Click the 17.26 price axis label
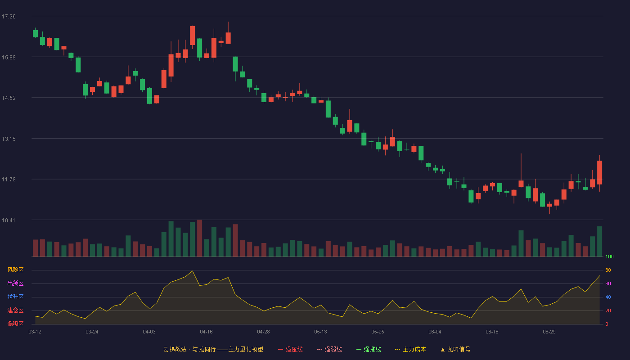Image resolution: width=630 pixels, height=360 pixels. click(9, 17)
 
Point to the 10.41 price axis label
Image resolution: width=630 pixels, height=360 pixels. click(9, 220)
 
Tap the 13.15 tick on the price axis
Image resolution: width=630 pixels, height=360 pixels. click(9, 139)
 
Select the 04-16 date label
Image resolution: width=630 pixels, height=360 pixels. click(206, 332)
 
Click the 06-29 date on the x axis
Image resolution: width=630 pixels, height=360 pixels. click(549, 332)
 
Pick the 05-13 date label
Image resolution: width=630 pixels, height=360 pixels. click(320, 332)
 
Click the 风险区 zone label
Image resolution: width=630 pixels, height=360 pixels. click(15, 270)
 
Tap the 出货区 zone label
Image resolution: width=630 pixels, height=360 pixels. click(15, 283)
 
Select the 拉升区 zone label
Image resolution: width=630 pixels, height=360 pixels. click(15, 297)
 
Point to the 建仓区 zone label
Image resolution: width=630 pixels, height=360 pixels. click(15, 310)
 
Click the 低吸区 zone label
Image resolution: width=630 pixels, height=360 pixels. click(15, 324)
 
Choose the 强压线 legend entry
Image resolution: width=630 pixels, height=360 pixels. click(290, 349)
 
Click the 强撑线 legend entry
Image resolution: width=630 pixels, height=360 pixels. click(369, 349)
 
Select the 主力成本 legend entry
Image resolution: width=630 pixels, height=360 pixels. click(410, 349)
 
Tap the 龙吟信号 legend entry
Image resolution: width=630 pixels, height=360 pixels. click(455, 349)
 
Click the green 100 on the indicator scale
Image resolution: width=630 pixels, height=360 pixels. click(609, 256)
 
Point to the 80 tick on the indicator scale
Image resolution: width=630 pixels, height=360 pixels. click(608, 270)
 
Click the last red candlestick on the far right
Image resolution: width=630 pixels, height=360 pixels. click(599, 173)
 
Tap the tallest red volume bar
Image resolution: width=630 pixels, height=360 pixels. click(200, 238)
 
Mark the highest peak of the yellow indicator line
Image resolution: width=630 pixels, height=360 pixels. click(193, 271)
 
